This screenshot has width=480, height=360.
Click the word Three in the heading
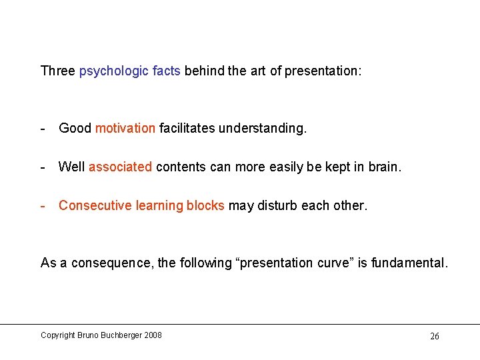pyautogui.click(x=58, y=71)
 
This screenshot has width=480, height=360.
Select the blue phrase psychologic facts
pyautogui.click(x=129, y=71)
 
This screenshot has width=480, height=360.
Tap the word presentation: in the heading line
pyautogui.click(x=323, y=71)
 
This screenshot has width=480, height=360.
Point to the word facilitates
pyautogui.click(x=186, y=128)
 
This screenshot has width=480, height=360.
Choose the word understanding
pyautogui.click(x=262, y=128)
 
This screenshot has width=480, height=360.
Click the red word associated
pyautogui.click(x=120, y=167)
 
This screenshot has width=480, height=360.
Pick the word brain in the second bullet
pyautogui.click(x=383, y=167)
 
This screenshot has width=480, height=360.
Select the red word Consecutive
pyautogui.click(x=95, y=205)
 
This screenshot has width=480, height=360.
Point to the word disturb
pyautogui.click(x=275, y=205)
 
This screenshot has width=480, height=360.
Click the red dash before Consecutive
pyautogui.click(x=43, y=205)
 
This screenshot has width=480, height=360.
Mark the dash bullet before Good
pyautogui.click(x=43, y=128)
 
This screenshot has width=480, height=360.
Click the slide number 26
pyautogui.click(x=434, y=336)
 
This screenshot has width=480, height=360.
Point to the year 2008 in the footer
pyautogui.click(x=152, y=335)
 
